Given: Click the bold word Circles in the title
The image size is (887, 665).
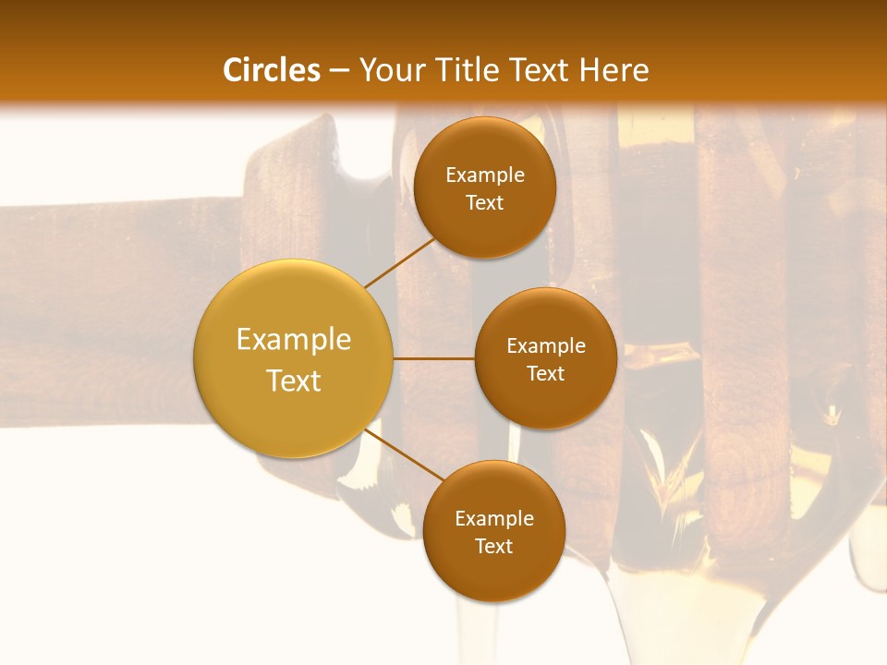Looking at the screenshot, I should [272, 70].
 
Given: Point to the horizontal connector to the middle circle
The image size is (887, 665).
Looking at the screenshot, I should [433, 358].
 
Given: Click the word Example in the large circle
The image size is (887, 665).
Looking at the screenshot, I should [293, 340].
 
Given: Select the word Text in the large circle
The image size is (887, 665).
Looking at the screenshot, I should [293, 381].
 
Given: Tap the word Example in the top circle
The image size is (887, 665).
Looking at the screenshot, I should [485, 175].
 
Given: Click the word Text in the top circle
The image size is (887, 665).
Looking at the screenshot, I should [484, 203].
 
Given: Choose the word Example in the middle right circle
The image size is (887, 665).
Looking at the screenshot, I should [546, 346].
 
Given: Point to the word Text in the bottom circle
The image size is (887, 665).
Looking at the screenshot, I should [493, 547].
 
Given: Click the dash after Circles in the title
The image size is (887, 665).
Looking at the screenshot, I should [339, 70].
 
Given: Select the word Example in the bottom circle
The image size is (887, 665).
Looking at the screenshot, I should [494, 519].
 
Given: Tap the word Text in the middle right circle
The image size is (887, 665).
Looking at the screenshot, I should [545, 374].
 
